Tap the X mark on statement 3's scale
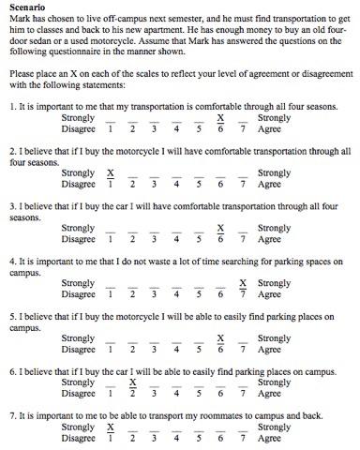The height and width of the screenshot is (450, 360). pos(220,228)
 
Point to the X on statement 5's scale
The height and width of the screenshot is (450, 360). pos(220,337)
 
